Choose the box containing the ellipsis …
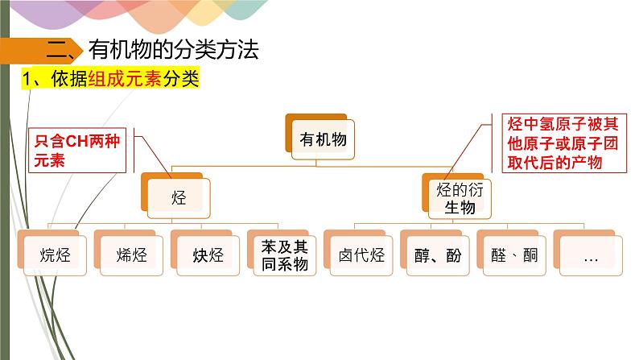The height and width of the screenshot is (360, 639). click(x=590, y=256)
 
